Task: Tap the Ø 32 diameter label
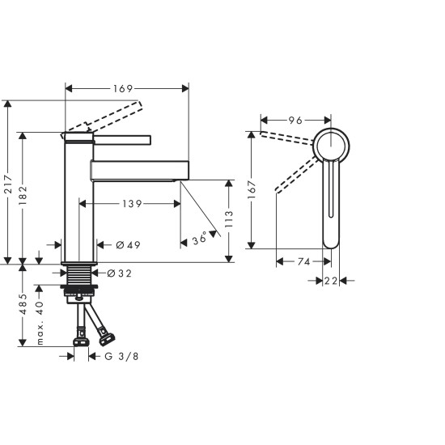click(121, 273)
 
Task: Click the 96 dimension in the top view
click(295, 121)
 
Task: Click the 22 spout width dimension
click(330, 280)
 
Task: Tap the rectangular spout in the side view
click(139, 170)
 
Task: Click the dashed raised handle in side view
click(105, 118)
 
